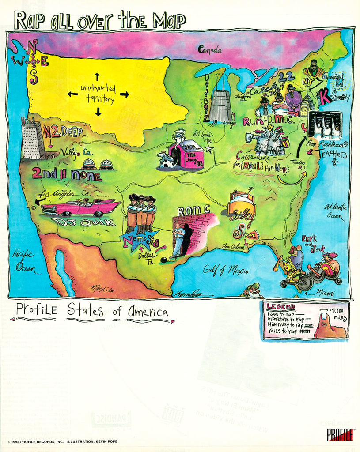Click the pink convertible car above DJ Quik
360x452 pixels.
point(81,207)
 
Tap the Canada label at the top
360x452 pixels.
point(210,49)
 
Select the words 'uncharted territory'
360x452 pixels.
point(98,94)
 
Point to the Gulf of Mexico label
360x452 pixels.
point(226,269)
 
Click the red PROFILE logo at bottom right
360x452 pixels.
point(340,434)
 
